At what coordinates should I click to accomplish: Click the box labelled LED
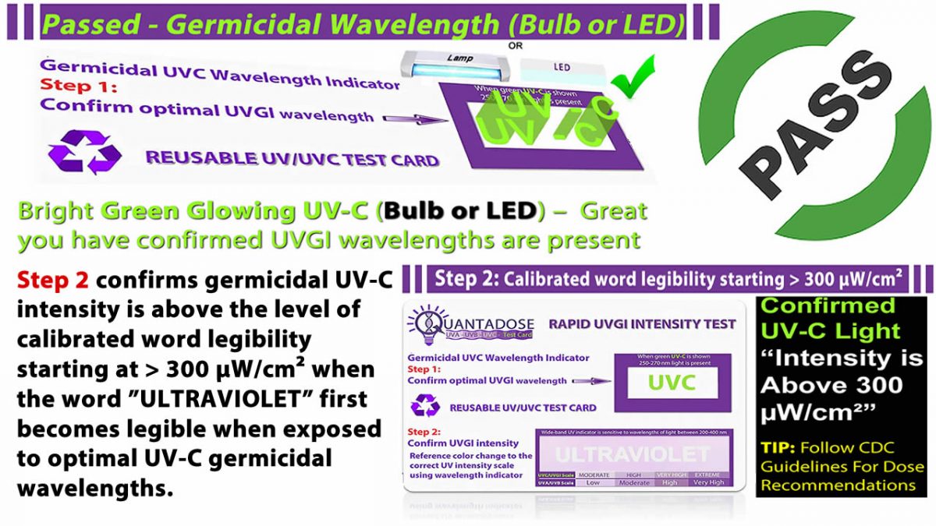point(562,67)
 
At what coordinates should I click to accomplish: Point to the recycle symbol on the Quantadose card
point(426,406)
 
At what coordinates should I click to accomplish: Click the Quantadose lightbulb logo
point(423,327)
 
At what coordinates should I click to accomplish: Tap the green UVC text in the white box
point(672,383)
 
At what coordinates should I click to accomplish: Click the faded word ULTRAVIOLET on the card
point(633,454)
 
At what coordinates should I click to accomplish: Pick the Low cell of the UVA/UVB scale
point(592,483)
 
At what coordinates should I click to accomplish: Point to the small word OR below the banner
point(516,45)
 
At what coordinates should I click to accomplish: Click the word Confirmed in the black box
point(817,305)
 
